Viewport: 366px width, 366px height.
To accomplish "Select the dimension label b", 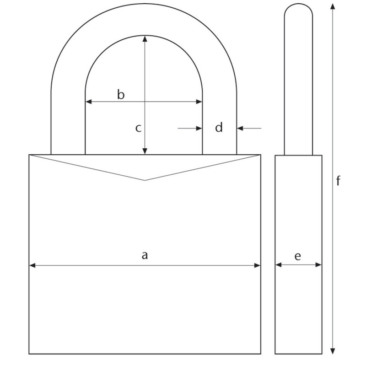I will [x=121, y=95].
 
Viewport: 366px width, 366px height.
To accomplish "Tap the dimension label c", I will [x=138, y=128].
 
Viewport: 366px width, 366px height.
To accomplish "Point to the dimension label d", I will [x=219, y=128].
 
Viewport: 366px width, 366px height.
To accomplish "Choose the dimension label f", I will [x=339, y=181].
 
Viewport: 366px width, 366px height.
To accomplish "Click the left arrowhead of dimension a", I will [x=32, y=264].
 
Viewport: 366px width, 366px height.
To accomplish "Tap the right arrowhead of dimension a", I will [x=258, y=264].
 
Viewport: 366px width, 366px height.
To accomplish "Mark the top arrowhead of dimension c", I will [x=145, y=39].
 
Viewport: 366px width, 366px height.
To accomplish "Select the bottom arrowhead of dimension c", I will [x=145, y=151].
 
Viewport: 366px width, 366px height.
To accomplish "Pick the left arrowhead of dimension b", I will [x=88, y=102].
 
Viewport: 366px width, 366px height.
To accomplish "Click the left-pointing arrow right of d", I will [x=240, y=129].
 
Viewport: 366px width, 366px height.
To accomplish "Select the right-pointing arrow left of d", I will [x=199, y=129].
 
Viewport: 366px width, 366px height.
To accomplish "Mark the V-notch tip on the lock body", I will [x=145, y=180].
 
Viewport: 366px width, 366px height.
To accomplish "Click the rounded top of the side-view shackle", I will [x=299, y=5].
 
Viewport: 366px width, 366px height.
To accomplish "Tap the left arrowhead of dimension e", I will [x=278, y=264].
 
